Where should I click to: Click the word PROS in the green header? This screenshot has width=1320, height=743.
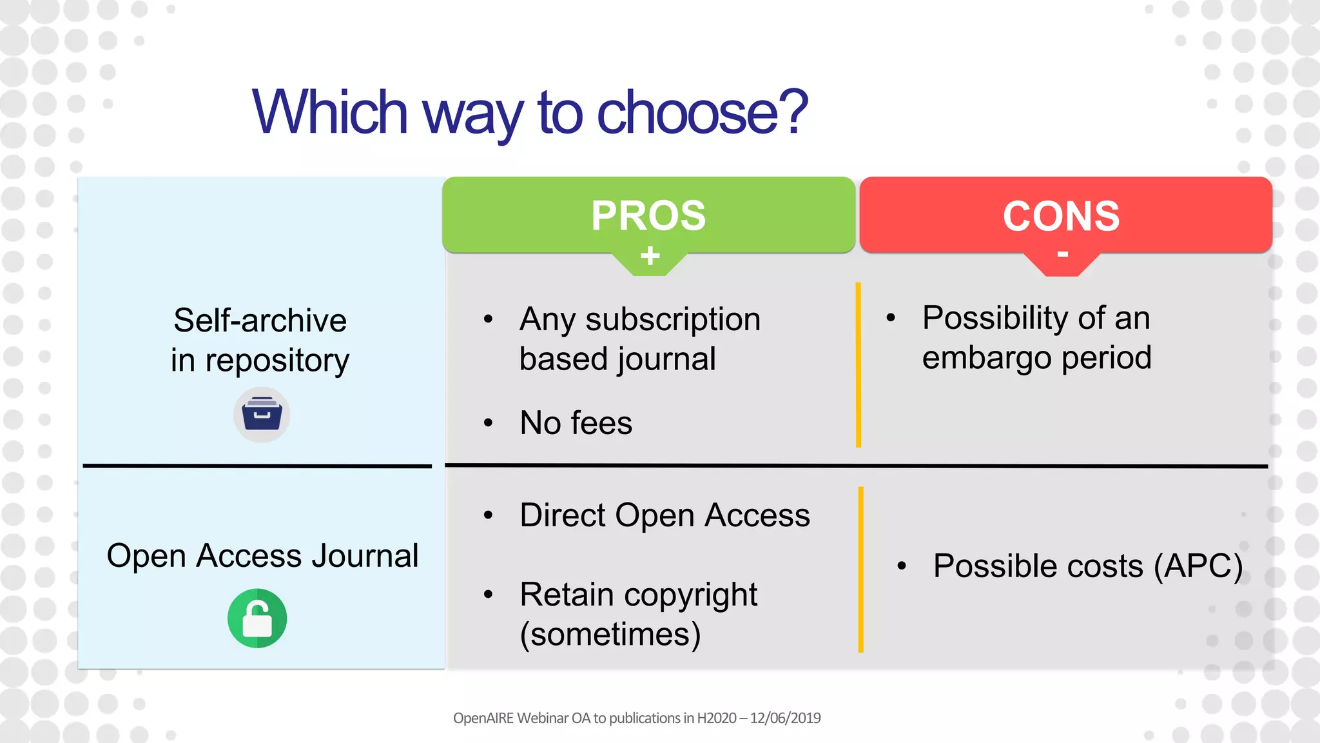[648, 215]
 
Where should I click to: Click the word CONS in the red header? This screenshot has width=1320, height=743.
[1061, 216]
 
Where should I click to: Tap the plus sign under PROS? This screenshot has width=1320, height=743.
[650, 256]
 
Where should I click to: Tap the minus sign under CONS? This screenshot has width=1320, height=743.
[1063, 254]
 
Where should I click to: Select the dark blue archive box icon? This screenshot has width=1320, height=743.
[262, 415]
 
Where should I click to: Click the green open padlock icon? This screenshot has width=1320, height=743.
[257, 618]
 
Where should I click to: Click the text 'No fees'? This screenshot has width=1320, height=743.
[576, 423]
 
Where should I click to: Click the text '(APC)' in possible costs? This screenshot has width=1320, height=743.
[1198, 566]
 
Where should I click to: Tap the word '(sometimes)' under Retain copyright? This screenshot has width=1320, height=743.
[610, 634]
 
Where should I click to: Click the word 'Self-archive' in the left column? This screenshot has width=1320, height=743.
[260, 321]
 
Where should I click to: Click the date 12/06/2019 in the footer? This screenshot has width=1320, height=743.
[785, 718]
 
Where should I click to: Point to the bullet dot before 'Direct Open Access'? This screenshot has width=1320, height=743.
[489, 515]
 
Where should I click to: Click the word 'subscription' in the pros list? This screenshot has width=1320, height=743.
[673, 320]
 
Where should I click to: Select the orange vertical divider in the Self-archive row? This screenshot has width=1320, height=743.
[858, 364]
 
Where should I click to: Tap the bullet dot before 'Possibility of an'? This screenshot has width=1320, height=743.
[891, 317]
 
